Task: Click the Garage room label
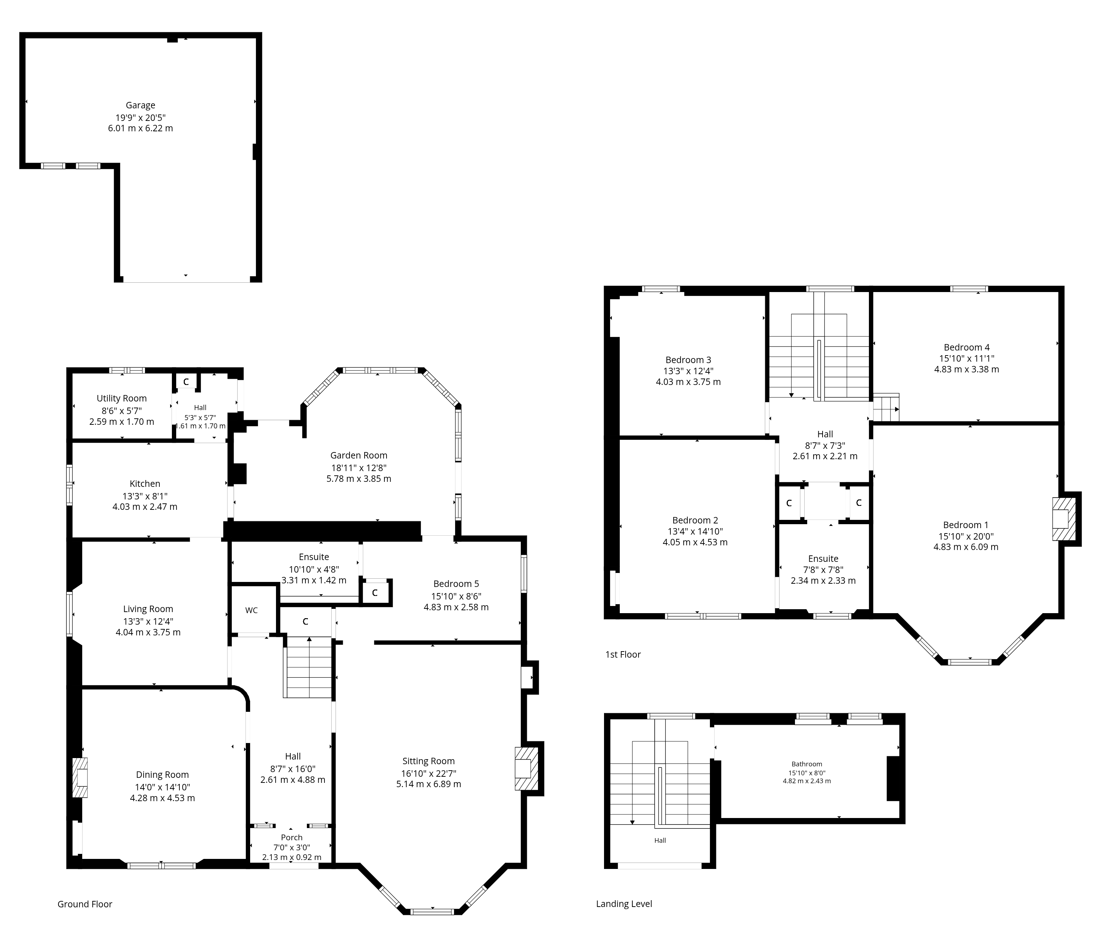point(140,105)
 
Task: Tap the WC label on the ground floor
point(252,610)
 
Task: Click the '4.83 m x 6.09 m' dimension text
point(966,546)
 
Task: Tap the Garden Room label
point(359,455)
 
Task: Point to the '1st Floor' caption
point(623,654)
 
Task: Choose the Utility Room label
point(121,398)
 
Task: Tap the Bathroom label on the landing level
point(807,764)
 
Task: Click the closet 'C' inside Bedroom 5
point(374,593)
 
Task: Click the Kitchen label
point(145,484)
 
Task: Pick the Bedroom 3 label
point(688,359)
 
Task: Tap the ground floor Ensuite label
point(314,556)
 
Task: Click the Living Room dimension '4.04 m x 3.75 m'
point(148,632)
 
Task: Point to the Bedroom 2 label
point(695,520)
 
